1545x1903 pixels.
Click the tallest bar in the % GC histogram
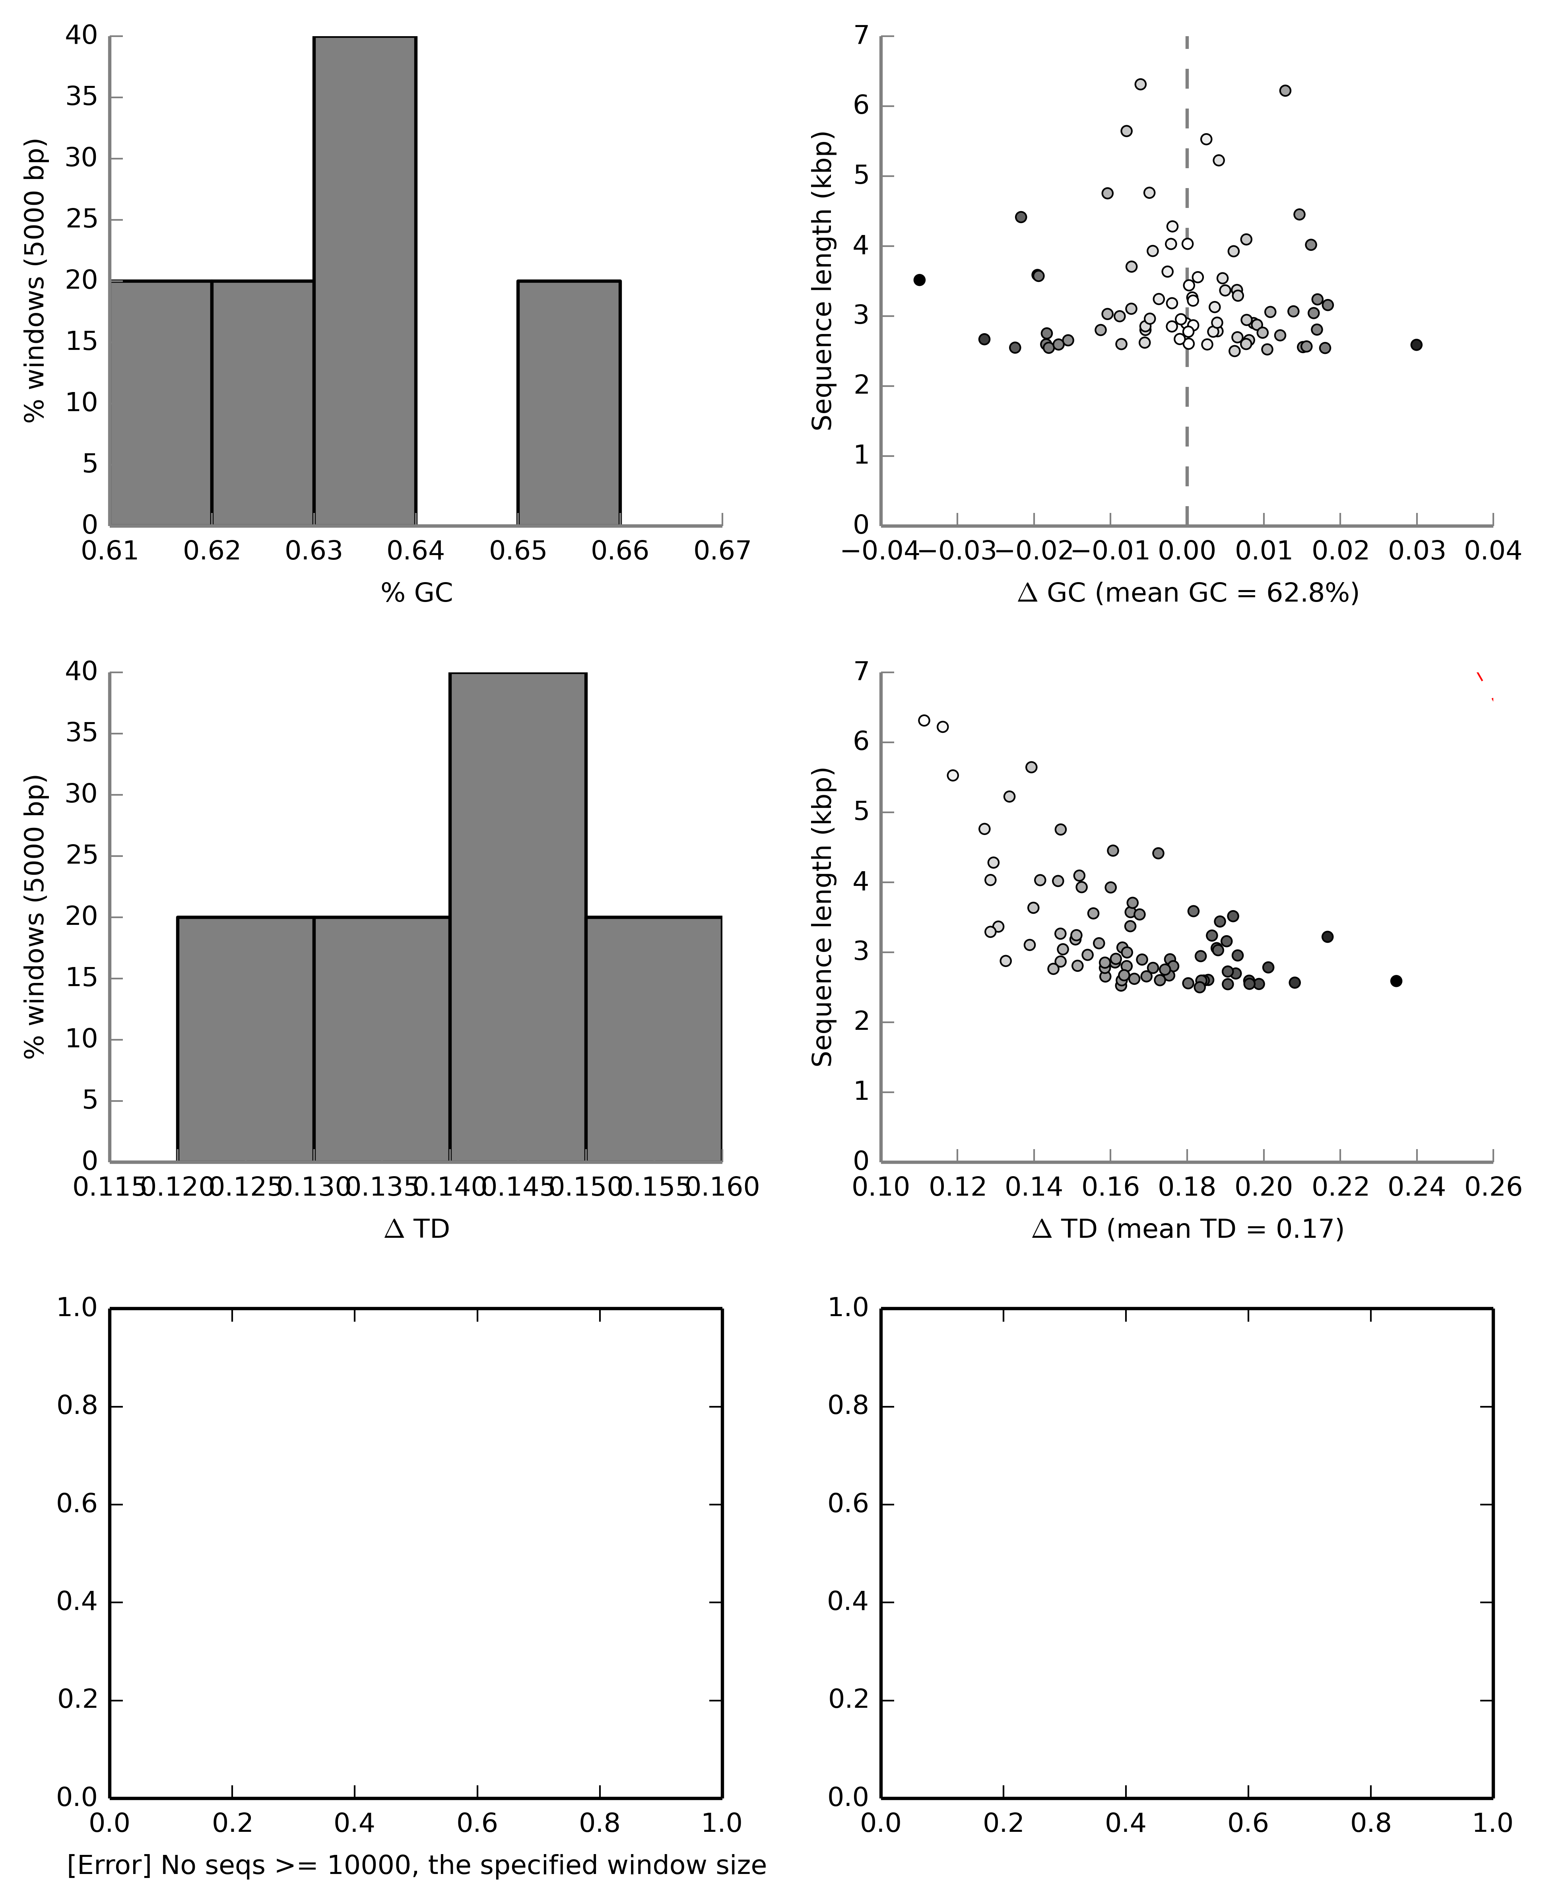click(x=365, y=280)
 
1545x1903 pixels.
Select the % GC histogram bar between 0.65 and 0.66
click(x=569, y=402)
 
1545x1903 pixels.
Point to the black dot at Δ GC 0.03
click(x=1416, y=344)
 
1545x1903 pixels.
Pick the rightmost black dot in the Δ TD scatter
click(x=1396, y=981)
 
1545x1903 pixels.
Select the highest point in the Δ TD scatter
click(x=924, y=720)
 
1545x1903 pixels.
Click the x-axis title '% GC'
click(x=417, y=593)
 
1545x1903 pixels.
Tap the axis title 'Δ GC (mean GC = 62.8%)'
click(x=1187, y=593)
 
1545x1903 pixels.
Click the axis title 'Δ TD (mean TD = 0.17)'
click(x=1187, y=1229)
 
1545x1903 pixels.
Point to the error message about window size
click(x=417, y=1866)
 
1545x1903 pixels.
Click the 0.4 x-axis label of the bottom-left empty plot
click(x=354, y=1824)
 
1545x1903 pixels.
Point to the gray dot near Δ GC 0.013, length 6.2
click(x=1284, y=91)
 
